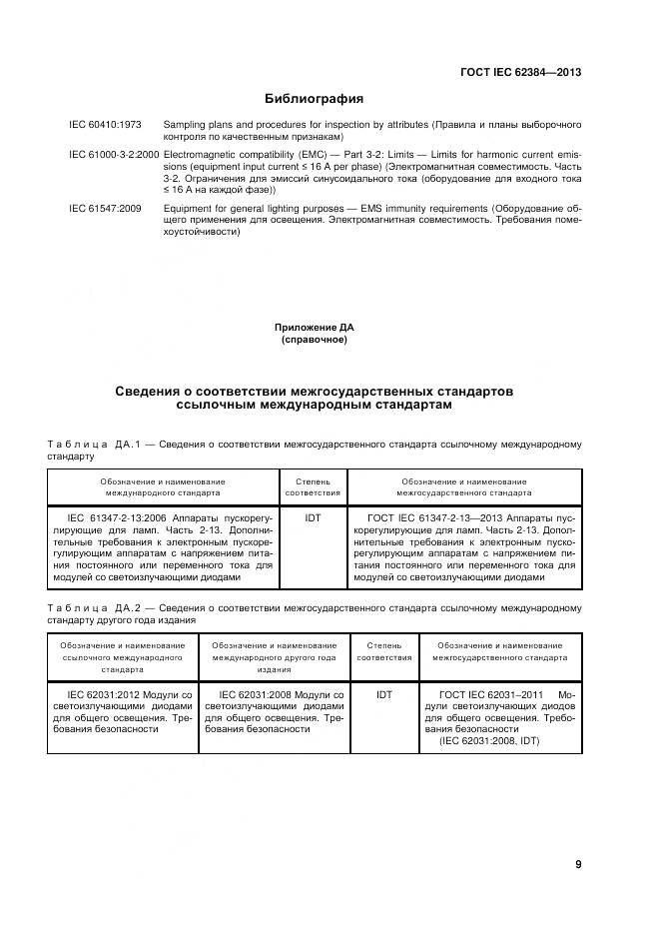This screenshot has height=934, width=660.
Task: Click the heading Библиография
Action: point(313,99)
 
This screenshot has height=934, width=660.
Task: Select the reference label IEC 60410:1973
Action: point(105,123)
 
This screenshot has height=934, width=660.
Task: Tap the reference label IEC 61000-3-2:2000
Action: point(114,155)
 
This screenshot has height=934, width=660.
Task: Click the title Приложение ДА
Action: point(314,327)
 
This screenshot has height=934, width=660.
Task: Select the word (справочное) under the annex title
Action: point(314,340)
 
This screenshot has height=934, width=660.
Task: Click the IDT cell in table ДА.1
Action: point(312,519)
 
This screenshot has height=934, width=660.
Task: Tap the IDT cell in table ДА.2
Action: point(383,693)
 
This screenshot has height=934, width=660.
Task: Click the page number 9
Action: point(577,864)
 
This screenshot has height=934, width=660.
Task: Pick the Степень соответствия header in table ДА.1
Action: point(312,486)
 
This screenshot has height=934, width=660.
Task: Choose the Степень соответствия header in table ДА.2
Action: point(383,651)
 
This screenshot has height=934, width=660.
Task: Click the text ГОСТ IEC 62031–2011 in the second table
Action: point(491,693)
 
